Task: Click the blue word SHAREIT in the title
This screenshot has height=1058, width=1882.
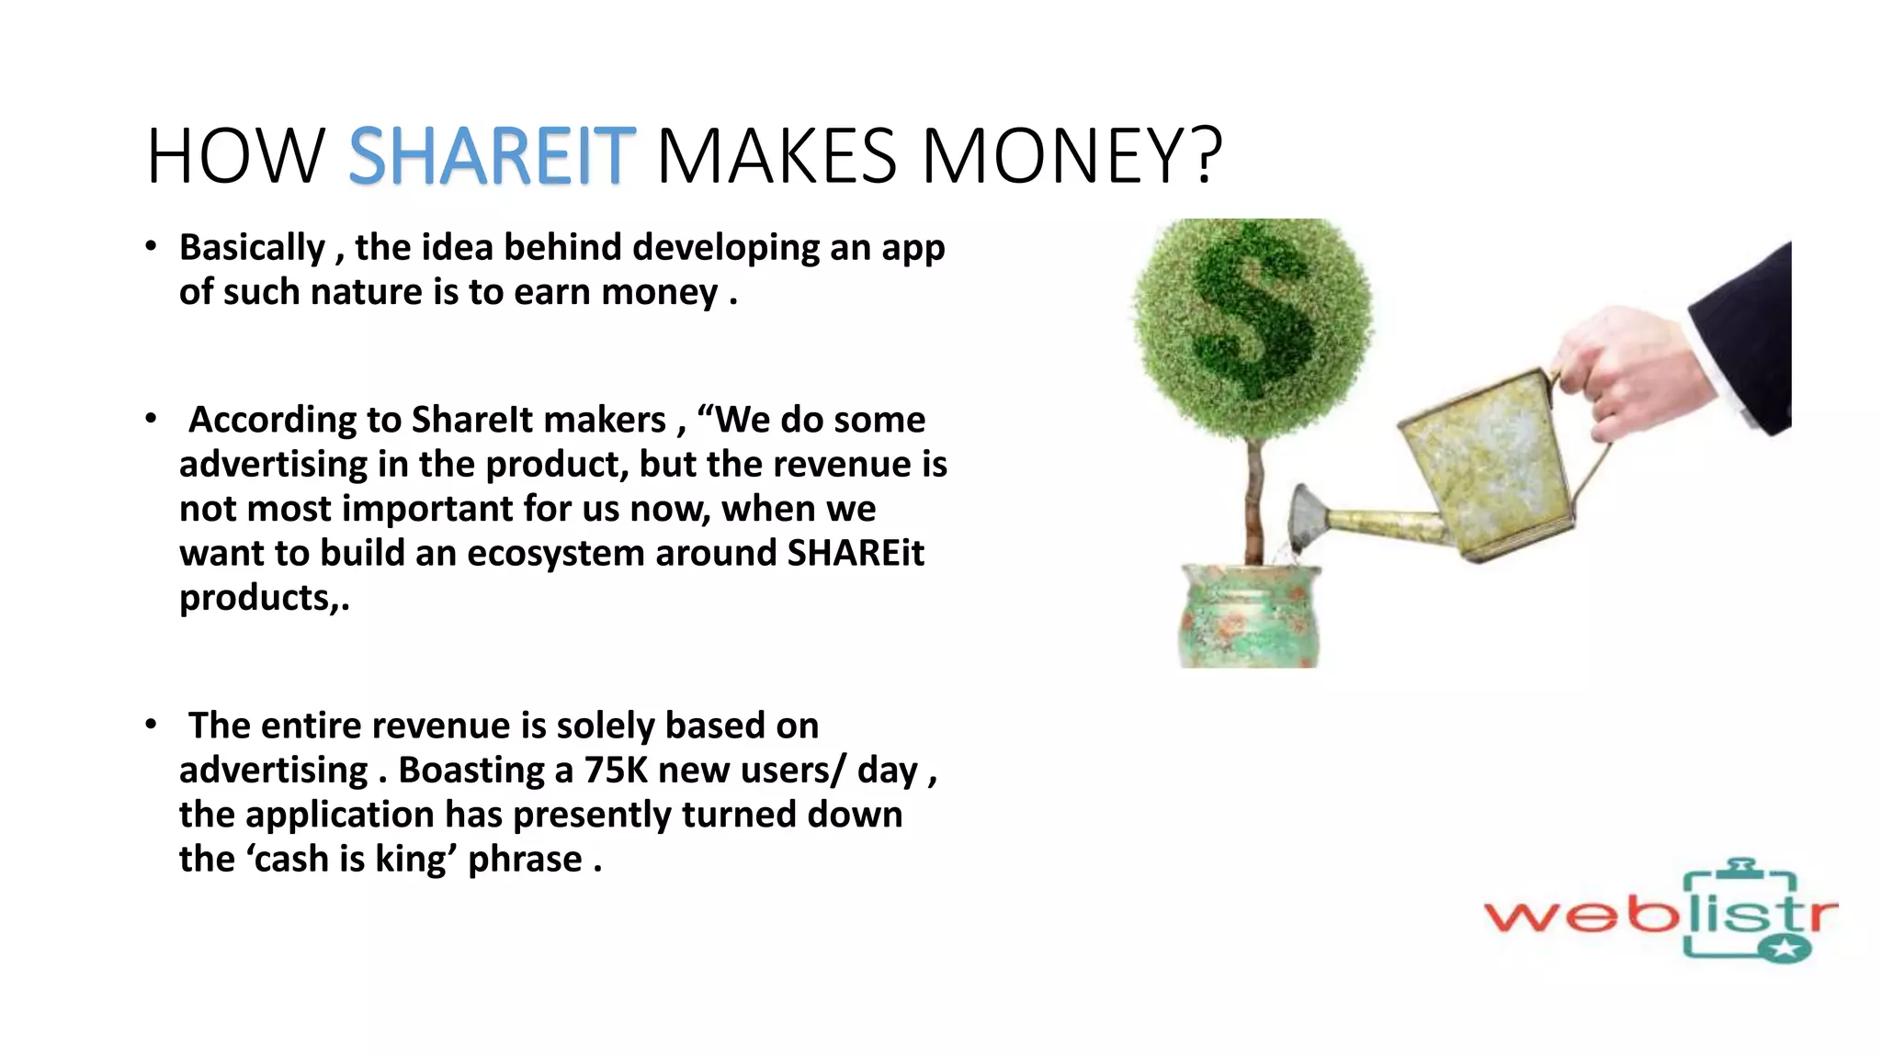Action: click(492, 156)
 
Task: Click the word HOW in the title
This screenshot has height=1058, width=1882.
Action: click(235, 156)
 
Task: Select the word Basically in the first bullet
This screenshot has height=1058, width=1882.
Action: click(252, 248)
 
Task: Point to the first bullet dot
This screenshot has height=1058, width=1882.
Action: click(151, 246)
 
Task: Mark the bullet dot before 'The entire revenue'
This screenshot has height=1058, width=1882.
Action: click(151, 725)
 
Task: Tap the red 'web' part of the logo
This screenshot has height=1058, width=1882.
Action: click(1581, 915)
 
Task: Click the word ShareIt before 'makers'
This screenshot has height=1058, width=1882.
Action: click(472, 421)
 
